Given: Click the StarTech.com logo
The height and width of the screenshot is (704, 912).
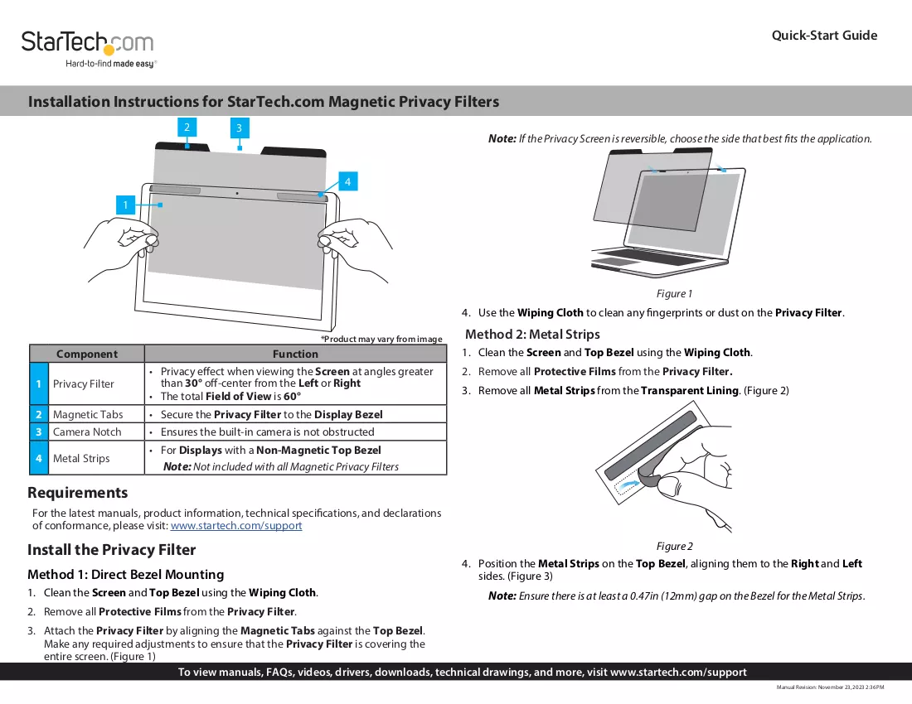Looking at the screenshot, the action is [x=88, y=49].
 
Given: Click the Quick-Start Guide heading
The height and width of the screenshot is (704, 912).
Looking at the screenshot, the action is [x=824, y=36].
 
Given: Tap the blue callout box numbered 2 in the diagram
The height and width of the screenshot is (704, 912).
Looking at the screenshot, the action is [x=187, y=128].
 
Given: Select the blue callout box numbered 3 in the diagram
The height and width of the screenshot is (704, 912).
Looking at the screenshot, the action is [x=239, y=128].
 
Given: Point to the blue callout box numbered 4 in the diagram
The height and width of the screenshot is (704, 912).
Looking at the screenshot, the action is [x=348, y=181].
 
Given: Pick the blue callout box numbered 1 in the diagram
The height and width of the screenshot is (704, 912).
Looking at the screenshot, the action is [x=125, y=205].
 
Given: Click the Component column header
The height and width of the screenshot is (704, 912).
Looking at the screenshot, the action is [x=87, y=354].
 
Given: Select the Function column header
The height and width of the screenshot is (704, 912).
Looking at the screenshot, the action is [x=295, y=354].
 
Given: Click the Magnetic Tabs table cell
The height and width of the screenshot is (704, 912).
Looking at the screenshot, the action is [x=88, y=414].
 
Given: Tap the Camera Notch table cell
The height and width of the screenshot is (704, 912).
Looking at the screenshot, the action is [x=87, y=432].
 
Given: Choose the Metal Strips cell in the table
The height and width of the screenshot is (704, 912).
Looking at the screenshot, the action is [x=81, y=458].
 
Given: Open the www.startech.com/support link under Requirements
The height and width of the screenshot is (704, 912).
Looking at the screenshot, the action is [x=236, y=526].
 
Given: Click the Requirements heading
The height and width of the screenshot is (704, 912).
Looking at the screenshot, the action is [x=77, y=493].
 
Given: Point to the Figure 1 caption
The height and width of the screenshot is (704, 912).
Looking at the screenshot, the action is [x=674, y=294].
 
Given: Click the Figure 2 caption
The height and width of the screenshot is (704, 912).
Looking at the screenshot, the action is [x=675, y=546].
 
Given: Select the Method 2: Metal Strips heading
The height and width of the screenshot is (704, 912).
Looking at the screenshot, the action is [x=532, y=334].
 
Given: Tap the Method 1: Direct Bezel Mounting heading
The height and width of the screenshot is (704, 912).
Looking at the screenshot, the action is [x=126, y=575].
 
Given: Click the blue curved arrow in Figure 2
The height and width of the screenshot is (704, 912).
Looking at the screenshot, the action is [x=628, y=481].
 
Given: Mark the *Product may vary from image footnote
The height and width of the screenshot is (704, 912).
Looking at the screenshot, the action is [x=381, y=340].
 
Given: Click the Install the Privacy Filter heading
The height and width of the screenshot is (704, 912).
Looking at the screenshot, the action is [x=112, y=549].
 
